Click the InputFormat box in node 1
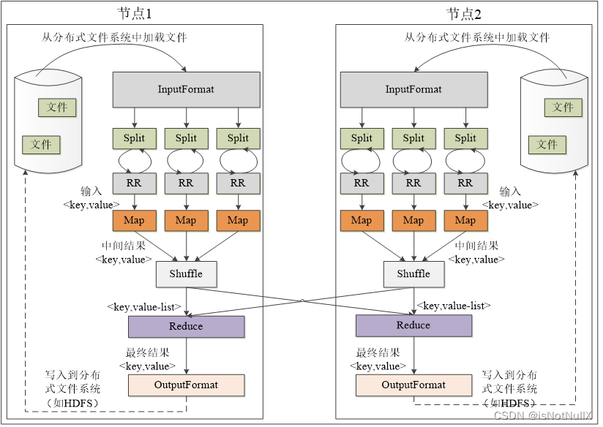(x=186, y=89)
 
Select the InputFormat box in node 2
(x=413, y=89)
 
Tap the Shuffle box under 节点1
(x=186, y=274)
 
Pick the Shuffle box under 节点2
(x=413, y=274)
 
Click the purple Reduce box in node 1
(x=186, y=327)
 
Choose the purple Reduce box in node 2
(x=413, y=325)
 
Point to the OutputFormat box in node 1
(x=186, y=385)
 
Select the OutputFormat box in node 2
(x=413, y=385)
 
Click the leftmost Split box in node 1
(x=134, y=138)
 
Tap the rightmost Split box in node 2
(x=465, y=138)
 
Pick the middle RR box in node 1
(x=186, y=184)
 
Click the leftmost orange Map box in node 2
(x=362, y=221)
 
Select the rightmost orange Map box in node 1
(x=238, y=221)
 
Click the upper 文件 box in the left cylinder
(x=57, y=107)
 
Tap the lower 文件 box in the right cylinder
(x=547, y=145)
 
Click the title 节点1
(x=135, y=14)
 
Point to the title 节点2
(x=464, y=14)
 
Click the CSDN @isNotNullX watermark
(x=543, y=415)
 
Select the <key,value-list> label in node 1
(x=144, y=307)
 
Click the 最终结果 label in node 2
(x=378, y=352)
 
